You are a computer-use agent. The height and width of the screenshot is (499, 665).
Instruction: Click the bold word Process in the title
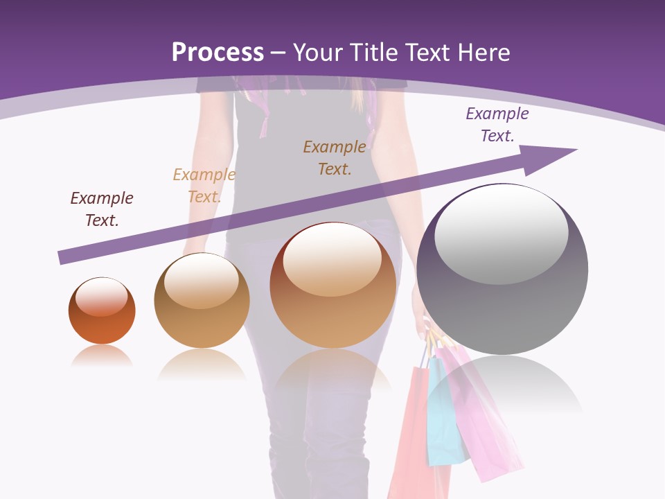(x=218, y=53)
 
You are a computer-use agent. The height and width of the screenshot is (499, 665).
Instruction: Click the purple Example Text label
(x=497, y=125)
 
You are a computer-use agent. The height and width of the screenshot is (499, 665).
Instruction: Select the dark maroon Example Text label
(x=102, y=209)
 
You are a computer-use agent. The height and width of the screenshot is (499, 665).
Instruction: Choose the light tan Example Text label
(x=204, y=186)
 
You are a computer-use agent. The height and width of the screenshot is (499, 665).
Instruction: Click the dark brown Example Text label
(x=335, y=157)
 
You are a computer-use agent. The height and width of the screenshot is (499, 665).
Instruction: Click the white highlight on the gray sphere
(x=501, y=234)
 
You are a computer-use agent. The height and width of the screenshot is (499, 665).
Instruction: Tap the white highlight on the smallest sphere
(x=101, y=297)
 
